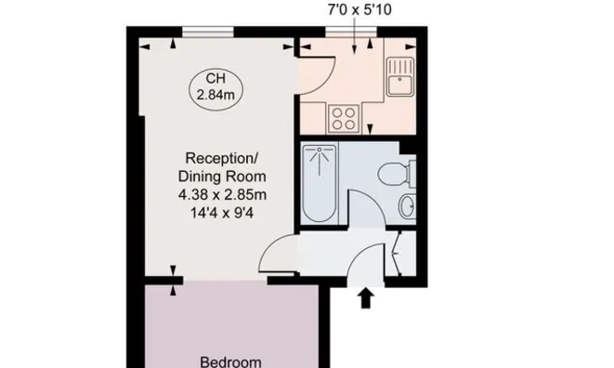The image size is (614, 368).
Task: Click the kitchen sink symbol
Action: coord(399,77)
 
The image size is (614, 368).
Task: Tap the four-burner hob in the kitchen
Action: coord(344,119)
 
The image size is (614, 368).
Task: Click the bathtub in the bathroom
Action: coord(320,183)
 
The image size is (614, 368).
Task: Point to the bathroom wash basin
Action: coord(408,205)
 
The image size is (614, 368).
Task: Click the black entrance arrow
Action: coord(365,298)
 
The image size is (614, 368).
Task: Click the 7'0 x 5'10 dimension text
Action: coord(359,10)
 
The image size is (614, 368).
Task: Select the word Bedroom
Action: coord(230,361)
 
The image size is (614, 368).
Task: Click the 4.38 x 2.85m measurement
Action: coord(222,195)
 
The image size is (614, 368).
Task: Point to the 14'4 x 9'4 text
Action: coord(222,213)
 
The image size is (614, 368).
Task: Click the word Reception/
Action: coord(222,158)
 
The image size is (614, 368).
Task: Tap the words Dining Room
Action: coord(222,177)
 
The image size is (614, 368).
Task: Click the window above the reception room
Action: coord(208,32)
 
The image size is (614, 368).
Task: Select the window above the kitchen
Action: coord(351,32)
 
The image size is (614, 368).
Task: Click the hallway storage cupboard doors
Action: coord(397,254)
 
